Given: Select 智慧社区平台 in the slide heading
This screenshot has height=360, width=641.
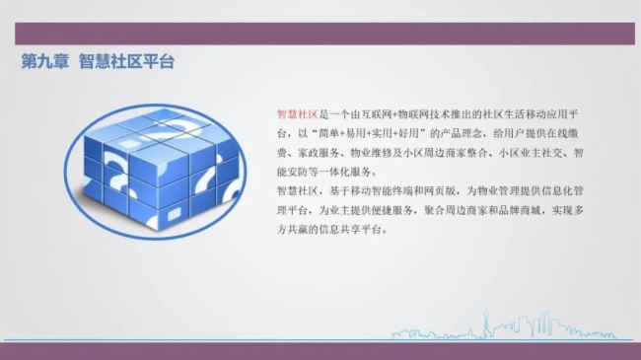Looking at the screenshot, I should (x=126, y=61).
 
